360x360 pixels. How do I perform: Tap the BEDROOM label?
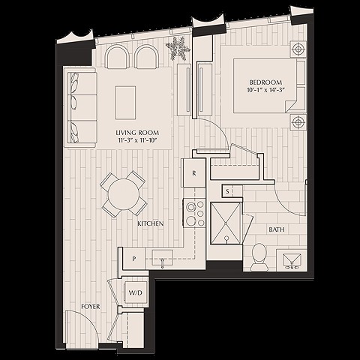[x=265, y=82]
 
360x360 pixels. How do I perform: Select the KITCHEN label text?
[x=151, y=224]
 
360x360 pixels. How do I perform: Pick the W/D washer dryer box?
[x=136, y=292]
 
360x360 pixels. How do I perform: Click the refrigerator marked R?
[x=193, y=173]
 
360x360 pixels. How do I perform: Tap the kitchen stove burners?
[x=195, y=212]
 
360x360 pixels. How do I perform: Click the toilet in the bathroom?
[x=260, y=256]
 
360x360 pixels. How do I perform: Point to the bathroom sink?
[x=292, y=259]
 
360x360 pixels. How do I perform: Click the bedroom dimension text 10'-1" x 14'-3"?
[x=265, y=91]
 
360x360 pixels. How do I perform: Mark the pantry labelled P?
[x=133, y=258]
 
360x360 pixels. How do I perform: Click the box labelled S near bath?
[x=226, y=192]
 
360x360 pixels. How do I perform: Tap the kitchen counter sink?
[x=163, y=259]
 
